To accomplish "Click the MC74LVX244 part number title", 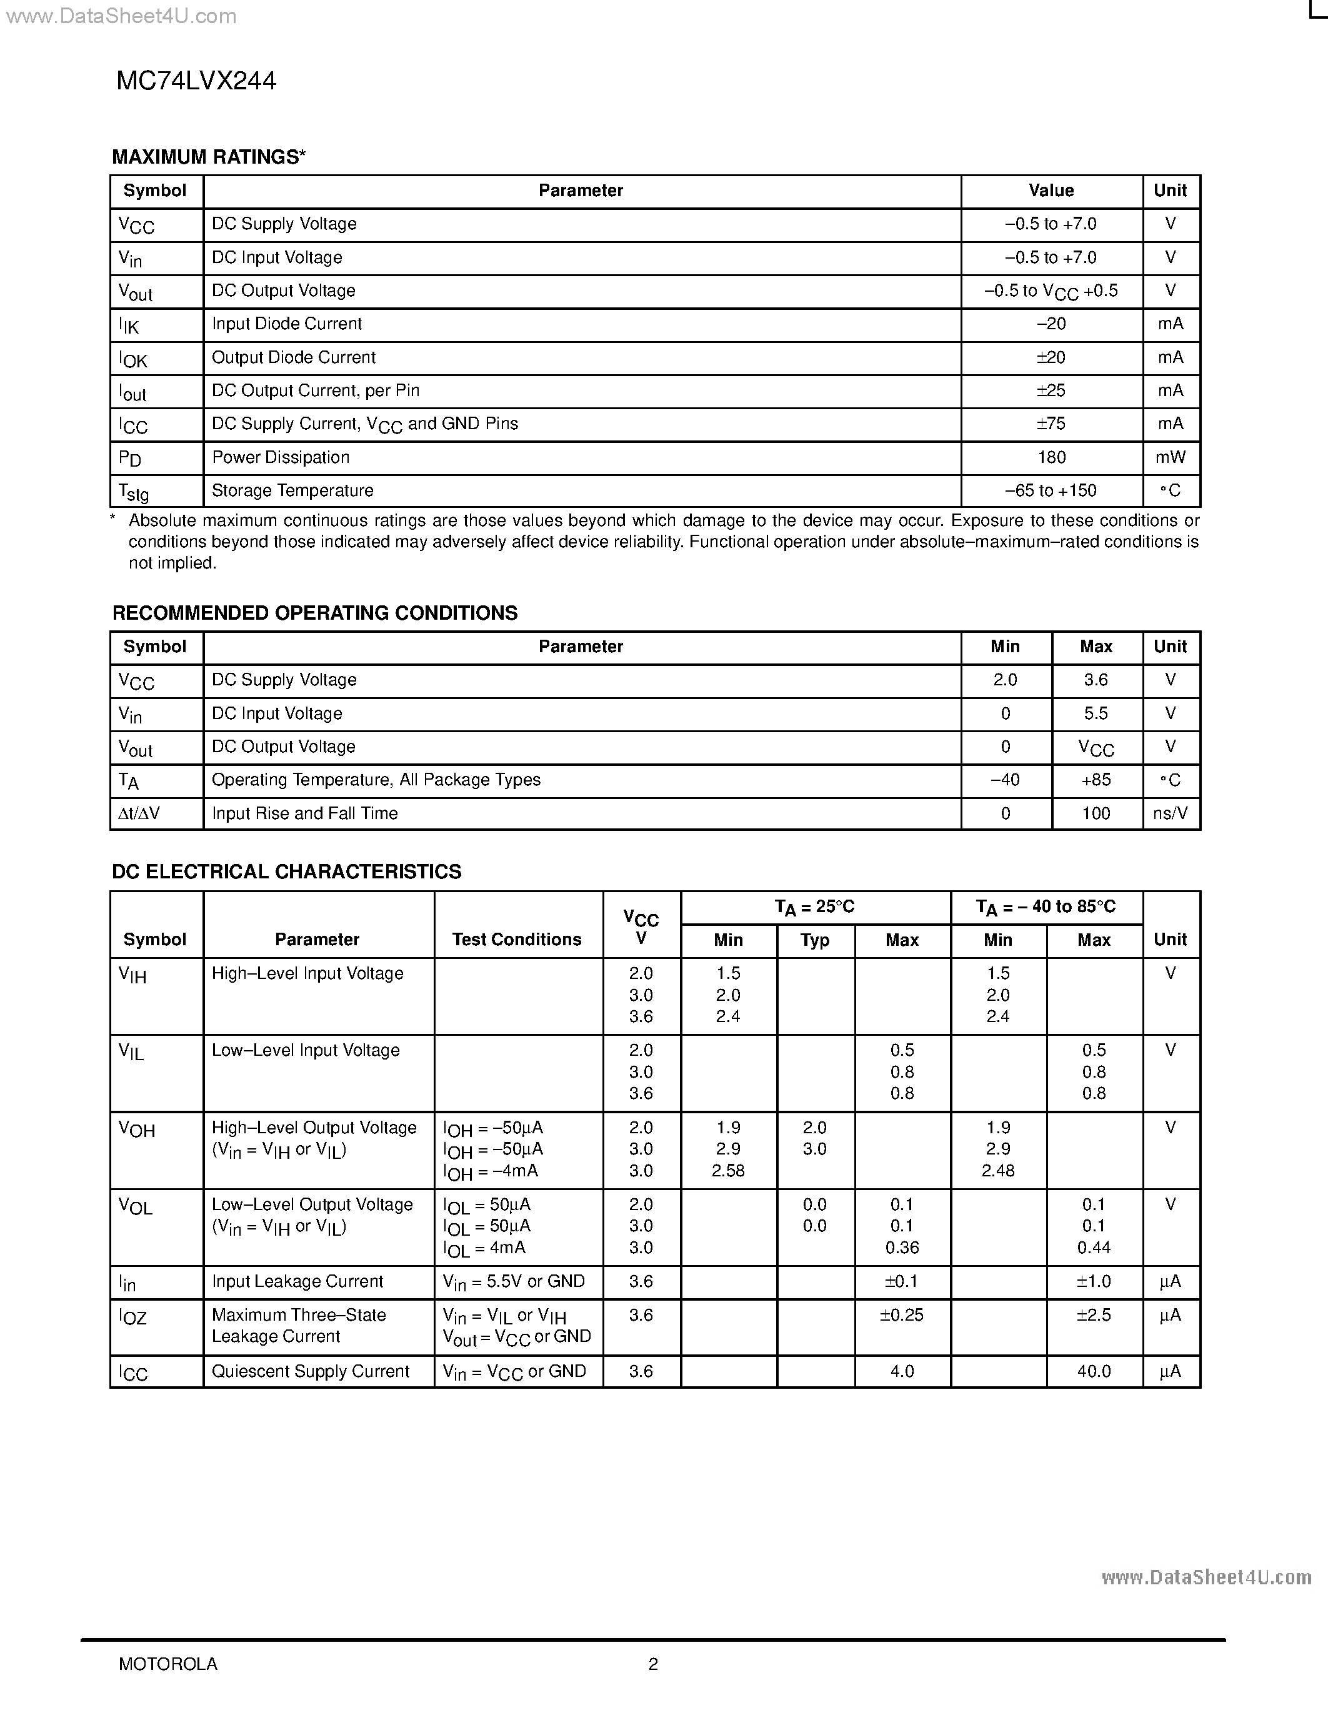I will tap(196, 81).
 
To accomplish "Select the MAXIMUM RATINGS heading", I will tap(209, 157).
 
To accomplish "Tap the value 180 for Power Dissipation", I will tap(1051, 457).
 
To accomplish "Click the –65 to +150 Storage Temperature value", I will tap(1051, 490).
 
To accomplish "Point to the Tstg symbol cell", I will tap(134, 492).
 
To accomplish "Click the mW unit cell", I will tap(1170, 457).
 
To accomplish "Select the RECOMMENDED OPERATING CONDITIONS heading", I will tap(315, 613).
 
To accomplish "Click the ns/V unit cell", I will tap(1170, 813).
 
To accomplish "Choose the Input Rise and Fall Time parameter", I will tap(304, 813).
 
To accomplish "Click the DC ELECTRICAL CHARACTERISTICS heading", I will tap(286, 871).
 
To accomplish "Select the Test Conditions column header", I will tap(517, 939).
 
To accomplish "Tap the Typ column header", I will tap(814, 940).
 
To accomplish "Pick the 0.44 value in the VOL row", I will tap(1094, 1248).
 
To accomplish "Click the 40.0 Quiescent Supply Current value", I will tap(1094, 1372).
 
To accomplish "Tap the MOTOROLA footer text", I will tap(167, 1664).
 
